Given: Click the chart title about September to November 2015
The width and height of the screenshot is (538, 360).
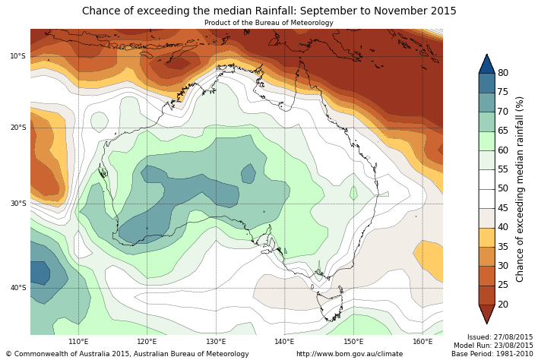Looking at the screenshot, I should coord(269,11).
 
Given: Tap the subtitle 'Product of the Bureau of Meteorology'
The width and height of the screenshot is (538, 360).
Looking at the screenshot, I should coord(269,23).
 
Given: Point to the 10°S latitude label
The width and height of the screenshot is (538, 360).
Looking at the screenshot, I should coord(18,56).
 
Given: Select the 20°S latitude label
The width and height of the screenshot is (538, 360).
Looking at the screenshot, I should coord(18,128).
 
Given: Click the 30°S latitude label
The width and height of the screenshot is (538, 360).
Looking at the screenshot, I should coord(18,204).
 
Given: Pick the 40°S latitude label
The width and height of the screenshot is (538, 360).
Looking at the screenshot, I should coord(18,288).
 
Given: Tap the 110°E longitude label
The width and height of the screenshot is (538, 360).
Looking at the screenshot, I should coord(79,342).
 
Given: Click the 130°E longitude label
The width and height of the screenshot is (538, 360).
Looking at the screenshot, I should coord(217,342).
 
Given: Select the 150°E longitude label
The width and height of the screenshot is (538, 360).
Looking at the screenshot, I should coord(353,342).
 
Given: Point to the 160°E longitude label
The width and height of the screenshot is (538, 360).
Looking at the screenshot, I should coord(422,342).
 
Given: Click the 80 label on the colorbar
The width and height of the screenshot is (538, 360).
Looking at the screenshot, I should coord(503,73).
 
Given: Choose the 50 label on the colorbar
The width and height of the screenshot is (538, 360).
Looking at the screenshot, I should coord(503,188).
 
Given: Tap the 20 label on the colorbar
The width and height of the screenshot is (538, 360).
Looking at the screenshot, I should coord(503,305).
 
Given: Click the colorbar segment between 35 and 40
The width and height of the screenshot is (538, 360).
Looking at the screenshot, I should coord(486,237).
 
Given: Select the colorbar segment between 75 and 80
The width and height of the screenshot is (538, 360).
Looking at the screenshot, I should coord(486,83).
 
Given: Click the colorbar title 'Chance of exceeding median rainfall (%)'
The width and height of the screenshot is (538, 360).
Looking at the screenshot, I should coord(521,188).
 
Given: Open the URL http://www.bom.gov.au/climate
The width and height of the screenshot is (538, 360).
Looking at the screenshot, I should coord(350,354).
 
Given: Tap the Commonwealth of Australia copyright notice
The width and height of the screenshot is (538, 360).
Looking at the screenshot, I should coord(127,354).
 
